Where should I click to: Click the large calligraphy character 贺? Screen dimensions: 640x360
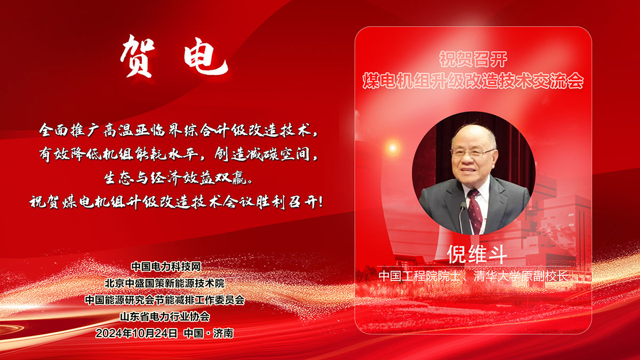(x=137, y=57)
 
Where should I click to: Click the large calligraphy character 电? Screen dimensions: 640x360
(x=205, y=59)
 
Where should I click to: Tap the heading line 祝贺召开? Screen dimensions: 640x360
(x=473, y=59)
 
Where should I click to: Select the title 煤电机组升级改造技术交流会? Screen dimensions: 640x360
(x=473, y=81)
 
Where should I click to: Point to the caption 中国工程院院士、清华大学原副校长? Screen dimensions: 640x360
(x=473, y=276)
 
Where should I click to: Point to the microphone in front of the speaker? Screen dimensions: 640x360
(x=462, y=218)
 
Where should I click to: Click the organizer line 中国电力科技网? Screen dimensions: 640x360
(x=166, y=267)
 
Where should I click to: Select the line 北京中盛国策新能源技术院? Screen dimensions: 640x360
(x=165, y=283)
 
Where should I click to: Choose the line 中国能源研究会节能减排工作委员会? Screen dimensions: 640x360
(x=165, y=300)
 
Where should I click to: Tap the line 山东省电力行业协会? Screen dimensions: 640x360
(x=165, y=316)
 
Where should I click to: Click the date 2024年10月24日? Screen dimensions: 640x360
(x=137, y=333)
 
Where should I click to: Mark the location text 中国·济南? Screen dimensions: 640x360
(x=209, y=333)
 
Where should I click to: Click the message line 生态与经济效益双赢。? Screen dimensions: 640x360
(x=179, y=178)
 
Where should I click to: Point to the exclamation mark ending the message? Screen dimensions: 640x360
(x=321, y=202)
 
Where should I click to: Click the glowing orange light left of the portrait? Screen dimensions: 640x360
(x=393, y=148)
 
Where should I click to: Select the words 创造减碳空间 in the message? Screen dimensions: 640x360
(x=262, y=155)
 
